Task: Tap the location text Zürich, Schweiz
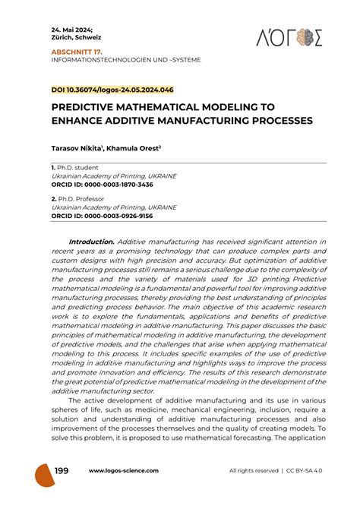[x=76, y=36]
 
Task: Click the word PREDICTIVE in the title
[x=92, y=109]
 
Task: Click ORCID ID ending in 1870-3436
[x=102, y=185]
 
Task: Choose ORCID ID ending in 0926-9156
[x=102, y=216]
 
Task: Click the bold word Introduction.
[x=91, y=242]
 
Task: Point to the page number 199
[x=61, y=471]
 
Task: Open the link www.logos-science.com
[x=124, y=471]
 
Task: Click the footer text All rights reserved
[x=254, y=471]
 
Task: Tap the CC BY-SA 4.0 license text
[x=308, y=471]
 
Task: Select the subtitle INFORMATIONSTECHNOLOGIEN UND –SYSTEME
[x=126, y=59]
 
